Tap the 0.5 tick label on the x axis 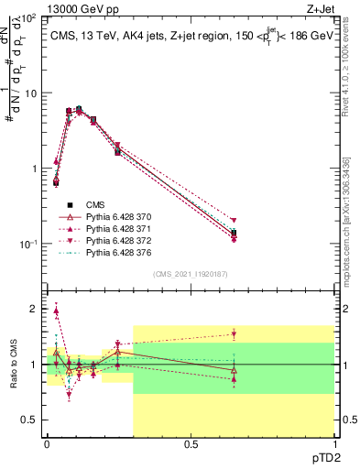coord(191,444)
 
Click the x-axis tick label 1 coord(333,444)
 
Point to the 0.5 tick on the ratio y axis coord(32,420)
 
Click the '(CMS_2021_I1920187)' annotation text coord(191,274)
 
